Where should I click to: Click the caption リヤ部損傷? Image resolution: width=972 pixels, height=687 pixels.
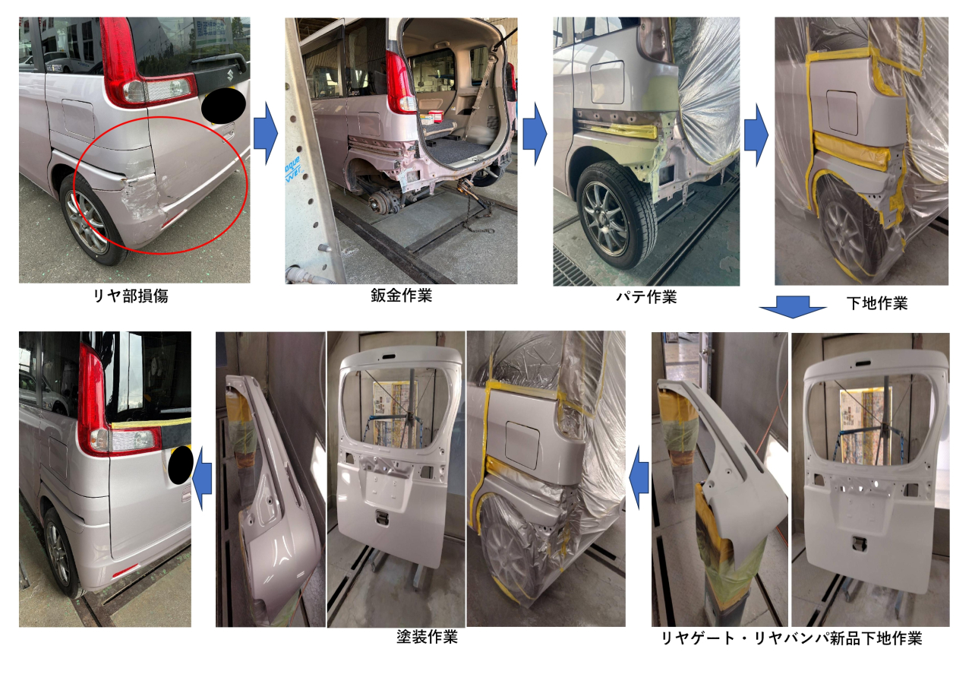[131, 296]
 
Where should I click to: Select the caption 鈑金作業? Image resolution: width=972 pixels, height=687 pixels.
[402, 296]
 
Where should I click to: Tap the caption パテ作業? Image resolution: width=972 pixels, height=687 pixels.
[646, 297]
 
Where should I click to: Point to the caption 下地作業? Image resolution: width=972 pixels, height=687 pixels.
[877, 303]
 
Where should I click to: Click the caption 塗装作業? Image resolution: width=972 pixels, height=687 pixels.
[427, 637]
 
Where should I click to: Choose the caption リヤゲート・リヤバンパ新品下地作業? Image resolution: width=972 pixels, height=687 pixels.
[791, 638]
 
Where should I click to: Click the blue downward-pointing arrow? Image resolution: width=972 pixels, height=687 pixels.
[792, 307]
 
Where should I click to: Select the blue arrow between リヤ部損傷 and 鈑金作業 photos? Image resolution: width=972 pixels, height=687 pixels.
[265, 134]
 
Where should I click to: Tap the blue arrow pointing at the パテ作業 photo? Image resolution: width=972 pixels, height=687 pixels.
[535, 134]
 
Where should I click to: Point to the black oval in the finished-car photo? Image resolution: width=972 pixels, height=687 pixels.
[181, 465]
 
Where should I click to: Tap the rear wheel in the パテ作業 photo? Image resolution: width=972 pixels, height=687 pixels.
[615, 216]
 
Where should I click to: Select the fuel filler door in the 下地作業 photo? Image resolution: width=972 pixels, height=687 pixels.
[842, 112]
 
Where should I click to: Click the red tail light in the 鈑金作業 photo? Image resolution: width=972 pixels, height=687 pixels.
[400, 83]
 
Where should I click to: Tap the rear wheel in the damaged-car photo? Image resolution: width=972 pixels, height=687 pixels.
[93, 220]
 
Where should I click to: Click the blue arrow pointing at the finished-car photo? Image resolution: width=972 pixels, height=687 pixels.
[202, 479]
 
